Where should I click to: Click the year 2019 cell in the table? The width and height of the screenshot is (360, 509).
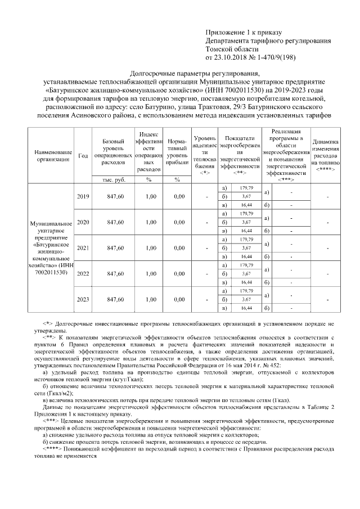(83, 196)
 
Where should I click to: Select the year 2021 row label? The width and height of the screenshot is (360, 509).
(83, 247)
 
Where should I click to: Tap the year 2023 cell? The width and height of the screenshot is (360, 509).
(83, 300)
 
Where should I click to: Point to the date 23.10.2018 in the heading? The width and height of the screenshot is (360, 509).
(233, 57)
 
